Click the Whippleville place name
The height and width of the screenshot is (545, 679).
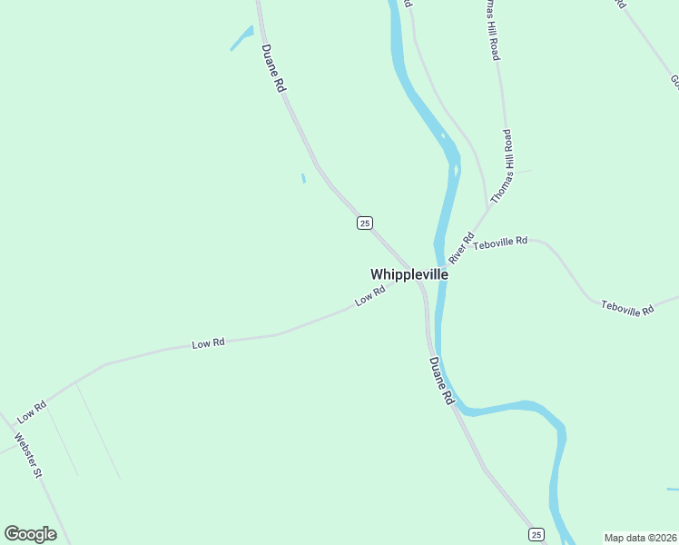tap(408, 273)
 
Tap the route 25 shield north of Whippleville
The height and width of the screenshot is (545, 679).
tap(364, 223)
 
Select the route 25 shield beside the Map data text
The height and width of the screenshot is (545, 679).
tap(536, 534)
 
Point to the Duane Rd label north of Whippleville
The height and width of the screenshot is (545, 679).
tap(273, 68)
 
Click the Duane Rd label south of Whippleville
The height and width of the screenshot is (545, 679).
tap(440, 381)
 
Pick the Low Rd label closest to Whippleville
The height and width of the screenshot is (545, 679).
tap(370, 296)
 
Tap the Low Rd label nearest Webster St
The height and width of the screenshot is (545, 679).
tap(32, 411)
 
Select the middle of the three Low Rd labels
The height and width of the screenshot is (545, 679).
tap(208, 343)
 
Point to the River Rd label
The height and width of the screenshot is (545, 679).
tap(461, 247)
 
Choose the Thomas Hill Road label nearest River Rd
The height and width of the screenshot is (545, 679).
tap(502, 166)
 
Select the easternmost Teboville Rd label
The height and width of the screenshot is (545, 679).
tap(627, 309)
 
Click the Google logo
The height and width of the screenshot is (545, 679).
tap(30, 534)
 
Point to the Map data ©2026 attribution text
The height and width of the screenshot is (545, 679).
tap(639, 537)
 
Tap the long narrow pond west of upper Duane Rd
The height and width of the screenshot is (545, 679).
tap(241, 38)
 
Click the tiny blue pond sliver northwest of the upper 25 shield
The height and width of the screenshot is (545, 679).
tap(303, 178)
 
